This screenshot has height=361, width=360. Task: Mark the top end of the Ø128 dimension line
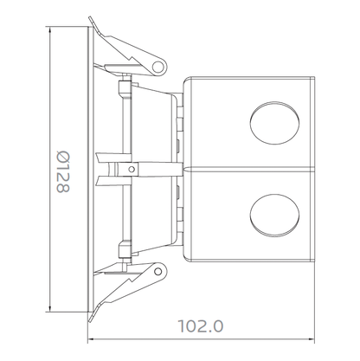(52, 26)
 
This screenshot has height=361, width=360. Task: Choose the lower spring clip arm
(125, 286)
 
